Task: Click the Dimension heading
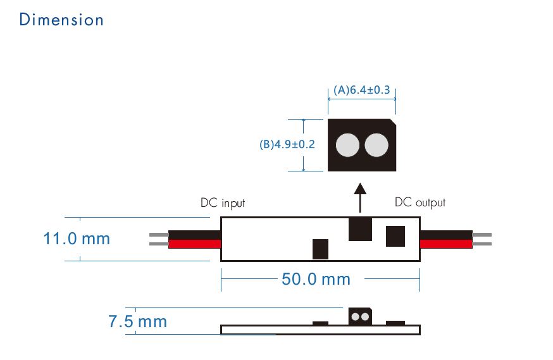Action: click(x=61, y=20)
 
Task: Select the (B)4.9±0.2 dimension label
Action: click(x=287, y=144)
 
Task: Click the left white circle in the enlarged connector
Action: click(x=347, y=146)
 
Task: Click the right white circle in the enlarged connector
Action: click(x=376, y=146)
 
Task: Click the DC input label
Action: click(x=222, y=203)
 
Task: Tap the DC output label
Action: click(x=420, y=202)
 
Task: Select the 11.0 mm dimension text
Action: click(x=76, y=239)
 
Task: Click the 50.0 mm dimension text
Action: click(x=315, y=279)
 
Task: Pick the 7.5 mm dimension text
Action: click(x=137, y=321)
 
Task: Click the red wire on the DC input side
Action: click(x=195, y=244)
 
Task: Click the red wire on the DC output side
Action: click(x=445, y=244)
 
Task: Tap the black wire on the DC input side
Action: click(x=195, y=235)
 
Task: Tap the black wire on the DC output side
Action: click(x=445, y=235)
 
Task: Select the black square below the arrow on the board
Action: click(x=361, y=228)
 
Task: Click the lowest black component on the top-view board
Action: click(x=321, y=249)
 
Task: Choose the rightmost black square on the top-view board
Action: click(x=396, y=236)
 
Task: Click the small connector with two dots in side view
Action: click(x=360, y=316)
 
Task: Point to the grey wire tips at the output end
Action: click(x=482, y=239)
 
